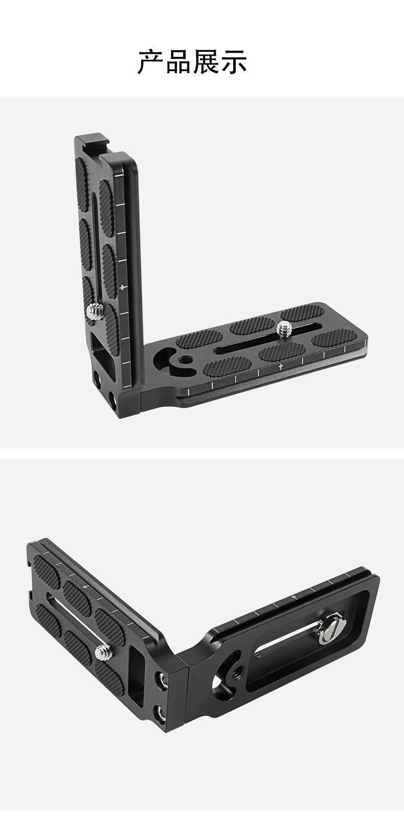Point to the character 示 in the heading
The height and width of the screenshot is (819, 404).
click(234, 61)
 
